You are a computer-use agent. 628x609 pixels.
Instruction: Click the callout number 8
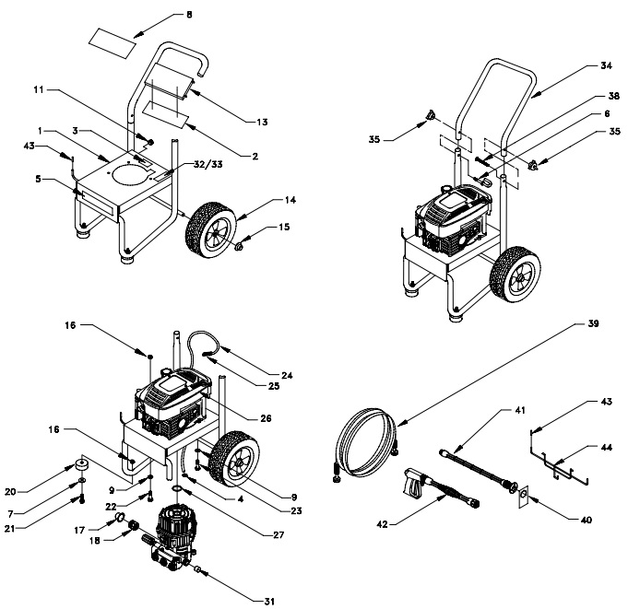[x=189, y=16]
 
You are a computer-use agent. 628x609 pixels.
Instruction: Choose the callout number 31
[x=268, y=602]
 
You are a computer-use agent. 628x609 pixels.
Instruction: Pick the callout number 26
[x=266, y=417]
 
